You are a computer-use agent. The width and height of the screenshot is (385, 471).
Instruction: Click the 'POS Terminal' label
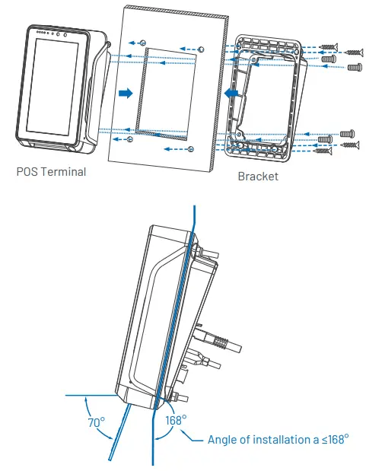click(x=51, y=172)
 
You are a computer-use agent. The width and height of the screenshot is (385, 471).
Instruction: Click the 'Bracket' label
click(x=258, y=177)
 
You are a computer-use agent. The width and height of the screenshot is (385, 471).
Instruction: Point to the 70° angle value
click(x=96, y=422)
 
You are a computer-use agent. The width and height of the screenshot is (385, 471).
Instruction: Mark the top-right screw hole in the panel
click(x=200, y=49)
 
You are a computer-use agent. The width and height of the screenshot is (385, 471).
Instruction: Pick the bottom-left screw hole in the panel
click(x=129, y=140)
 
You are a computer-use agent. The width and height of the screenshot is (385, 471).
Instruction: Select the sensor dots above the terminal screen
click(x=57, y=34)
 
